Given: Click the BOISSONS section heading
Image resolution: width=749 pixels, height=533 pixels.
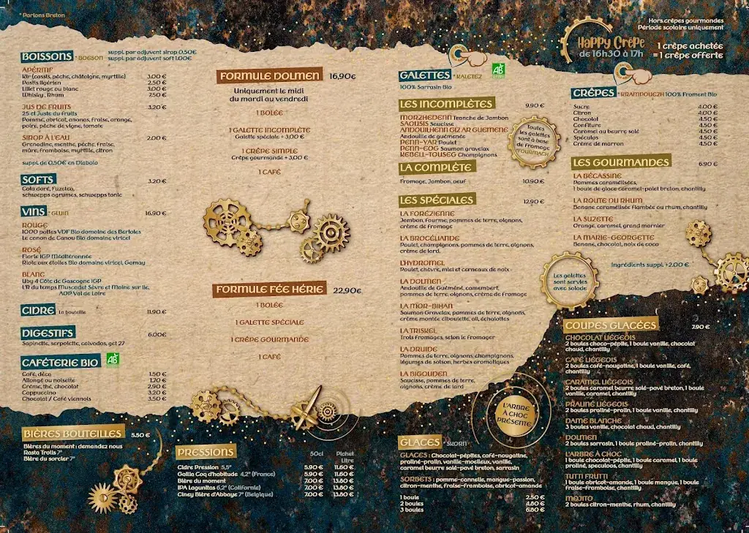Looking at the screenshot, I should coord(47,57).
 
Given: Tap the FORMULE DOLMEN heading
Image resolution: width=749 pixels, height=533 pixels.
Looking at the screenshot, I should coord(269,76).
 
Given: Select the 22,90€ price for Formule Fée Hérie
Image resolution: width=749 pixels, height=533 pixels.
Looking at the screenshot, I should coord(347,290).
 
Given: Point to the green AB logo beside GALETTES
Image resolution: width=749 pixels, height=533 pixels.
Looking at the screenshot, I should coord(499,70).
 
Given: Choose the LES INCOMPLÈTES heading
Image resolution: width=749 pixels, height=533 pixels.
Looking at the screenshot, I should coord(446,104).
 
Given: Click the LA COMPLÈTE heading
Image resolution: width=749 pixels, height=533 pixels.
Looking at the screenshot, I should coord(437,167).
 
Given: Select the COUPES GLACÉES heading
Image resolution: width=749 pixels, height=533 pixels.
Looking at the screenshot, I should coord(611,325).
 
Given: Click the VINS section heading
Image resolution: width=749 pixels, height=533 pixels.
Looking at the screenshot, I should coord(34,212).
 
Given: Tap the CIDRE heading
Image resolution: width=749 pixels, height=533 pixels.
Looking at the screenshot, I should coord(38,311).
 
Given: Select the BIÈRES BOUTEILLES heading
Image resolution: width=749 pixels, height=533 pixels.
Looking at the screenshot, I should coord(72,434).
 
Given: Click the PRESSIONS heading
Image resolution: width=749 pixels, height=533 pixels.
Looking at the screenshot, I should coord(206,452).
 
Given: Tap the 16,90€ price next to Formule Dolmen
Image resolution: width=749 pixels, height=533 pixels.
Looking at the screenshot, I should coord(342,75).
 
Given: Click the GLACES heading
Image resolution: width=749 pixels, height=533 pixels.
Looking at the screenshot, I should coord(420,442).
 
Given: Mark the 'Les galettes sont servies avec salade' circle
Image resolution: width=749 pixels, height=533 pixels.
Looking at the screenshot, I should coord(570,277).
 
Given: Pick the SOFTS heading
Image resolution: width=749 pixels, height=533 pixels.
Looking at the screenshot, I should coord(38,180).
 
